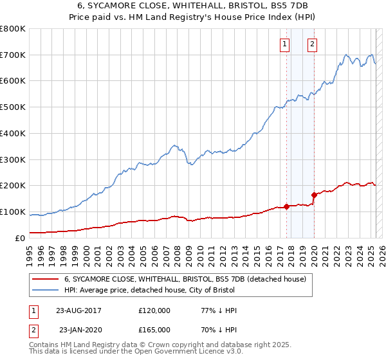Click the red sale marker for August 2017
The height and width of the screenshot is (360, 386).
286,207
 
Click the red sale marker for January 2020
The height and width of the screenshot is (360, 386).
314,195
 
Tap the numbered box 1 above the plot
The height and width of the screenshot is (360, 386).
284,44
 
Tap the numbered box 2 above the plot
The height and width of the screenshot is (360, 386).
312,44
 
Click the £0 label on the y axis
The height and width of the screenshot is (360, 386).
20,238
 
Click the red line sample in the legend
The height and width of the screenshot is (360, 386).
45,279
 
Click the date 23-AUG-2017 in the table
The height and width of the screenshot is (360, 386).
79,310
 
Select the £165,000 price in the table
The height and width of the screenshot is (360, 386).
154,330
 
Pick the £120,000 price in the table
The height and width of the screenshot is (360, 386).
154,310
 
